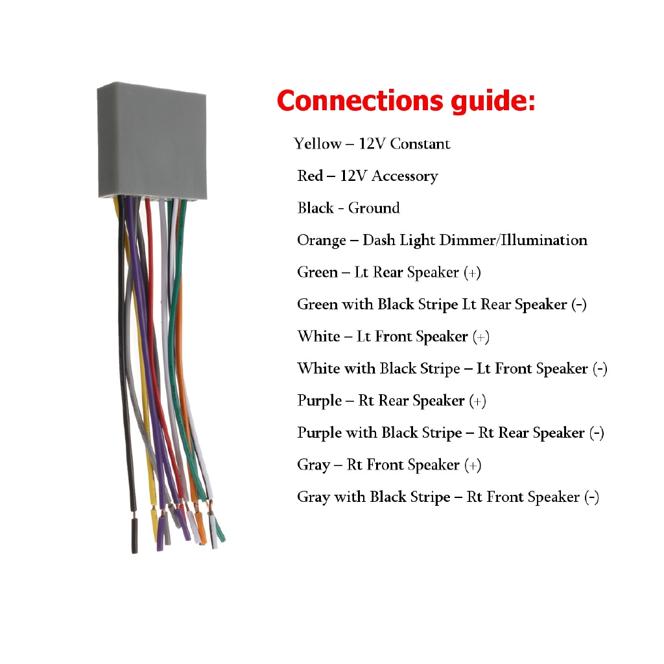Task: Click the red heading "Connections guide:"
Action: (x=406, y=102)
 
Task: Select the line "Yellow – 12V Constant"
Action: (x=372, y=144)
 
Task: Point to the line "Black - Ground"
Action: (x=348, y=208)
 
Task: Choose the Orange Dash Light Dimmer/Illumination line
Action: (x=442, y=240)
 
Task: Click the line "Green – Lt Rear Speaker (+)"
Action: (x=389, y=272)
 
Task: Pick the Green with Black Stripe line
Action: (x=442, y=305)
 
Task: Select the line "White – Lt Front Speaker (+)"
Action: (x=394, y=337)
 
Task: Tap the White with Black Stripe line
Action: (x=453, y=369)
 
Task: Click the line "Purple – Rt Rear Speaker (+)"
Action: (x=392, y=401)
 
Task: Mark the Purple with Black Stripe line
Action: (x=451, y=433)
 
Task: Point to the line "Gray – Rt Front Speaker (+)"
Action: (x=389, y=465)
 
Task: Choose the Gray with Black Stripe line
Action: (x=448, y=497)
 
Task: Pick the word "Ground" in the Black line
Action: (x=374, y=208)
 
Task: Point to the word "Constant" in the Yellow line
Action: (x=420, y=144)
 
